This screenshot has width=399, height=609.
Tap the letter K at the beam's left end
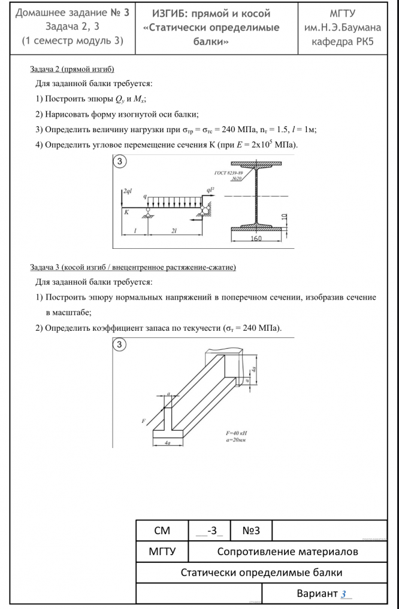click(x=126, y=212)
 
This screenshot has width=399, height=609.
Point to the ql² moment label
click(x=210, y=190)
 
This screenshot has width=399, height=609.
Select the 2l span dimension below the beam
click(x=174, y=230)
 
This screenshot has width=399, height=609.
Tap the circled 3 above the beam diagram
click(x=120, y=162)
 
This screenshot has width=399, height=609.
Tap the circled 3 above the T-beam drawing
click(x=120, y=345)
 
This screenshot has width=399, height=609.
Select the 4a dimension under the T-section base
click(x=168, y=443)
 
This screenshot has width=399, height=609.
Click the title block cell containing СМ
click(x=162, y=531)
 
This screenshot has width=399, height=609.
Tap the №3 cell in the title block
click(x=251, y=531)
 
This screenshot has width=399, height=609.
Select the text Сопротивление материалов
click(x=288, y=552)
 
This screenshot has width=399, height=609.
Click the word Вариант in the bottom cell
click(x=317, y=594)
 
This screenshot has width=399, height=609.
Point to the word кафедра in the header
click(x=330, y=43)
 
